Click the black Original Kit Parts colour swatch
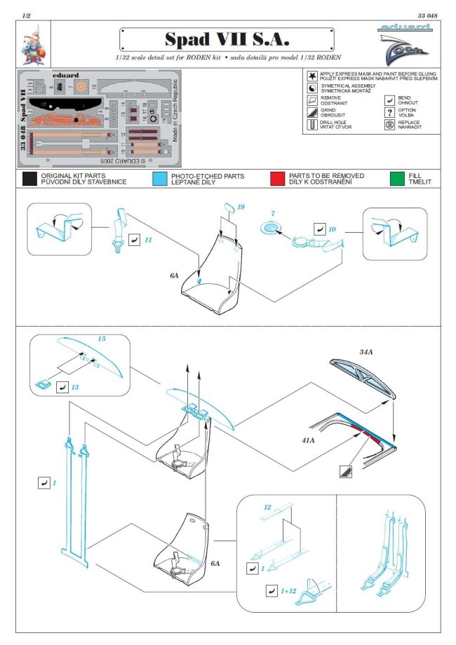(x=29, y=178)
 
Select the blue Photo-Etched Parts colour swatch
(x=159, y=178)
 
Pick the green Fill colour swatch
(x=398, y=178)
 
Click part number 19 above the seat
(x=240, y=208)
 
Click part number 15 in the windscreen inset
(x=101, y=339)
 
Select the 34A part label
(x=366, y=351)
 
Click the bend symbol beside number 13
(x=63, y=387)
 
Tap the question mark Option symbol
(x=389, y=111)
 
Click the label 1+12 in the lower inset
(x=288, y=591)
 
